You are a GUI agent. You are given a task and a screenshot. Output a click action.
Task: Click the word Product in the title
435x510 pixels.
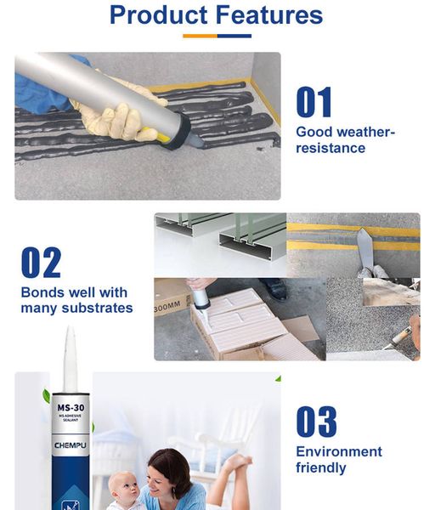point(159,15)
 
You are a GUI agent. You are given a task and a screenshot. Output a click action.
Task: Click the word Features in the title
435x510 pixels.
point(269,15)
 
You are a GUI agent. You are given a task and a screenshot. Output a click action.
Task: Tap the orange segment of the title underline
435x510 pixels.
point(200,36)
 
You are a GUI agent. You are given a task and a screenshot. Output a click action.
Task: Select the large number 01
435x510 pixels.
point(314,102)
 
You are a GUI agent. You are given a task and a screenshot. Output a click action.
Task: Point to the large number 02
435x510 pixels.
point(41,262)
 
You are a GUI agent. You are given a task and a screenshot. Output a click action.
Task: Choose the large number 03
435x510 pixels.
point(316,422)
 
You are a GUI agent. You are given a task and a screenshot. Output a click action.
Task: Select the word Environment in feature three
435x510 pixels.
point(339,451)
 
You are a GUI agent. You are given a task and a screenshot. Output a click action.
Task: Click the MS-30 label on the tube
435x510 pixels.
point(71,407)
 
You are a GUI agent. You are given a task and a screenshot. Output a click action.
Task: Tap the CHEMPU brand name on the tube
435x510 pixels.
point(71,445)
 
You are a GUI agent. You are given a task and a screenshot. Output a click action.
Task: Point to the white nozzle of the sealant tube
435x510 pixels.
point(71,359)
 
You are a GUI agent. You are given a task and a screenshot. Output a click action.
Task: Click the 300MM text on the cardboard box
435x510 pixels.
point(167,306)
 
